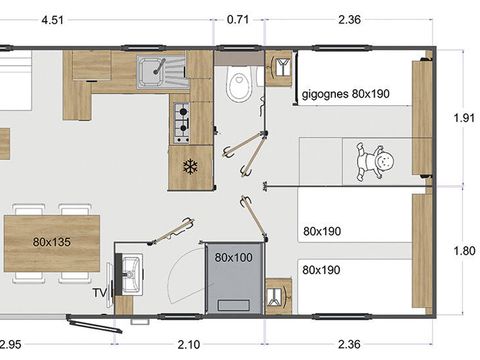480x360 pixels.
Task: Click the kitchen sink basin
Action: (x=154, y=71)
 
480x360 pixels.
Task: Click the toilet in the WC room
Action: (x=238, y=85)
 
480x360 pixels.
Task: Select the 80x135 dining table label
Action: (x=50, y=242)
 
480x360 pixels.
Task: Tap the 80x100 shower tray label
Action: (x=232, y=257)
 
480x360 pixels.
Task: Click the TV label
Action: (x=99, y=294)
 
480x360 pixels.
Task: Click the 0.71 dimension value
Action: (x=239, y=17)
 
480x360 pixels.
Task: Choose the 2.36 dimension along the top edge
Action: (x=351, y=17)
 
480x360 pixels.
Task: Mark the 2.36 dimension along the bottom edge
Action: (x=351, y=345)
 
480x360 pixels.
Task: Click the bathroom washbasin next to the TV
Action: (x=129, y=270)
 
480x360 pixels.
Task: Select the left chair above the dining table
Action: (x=26, y=210)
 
